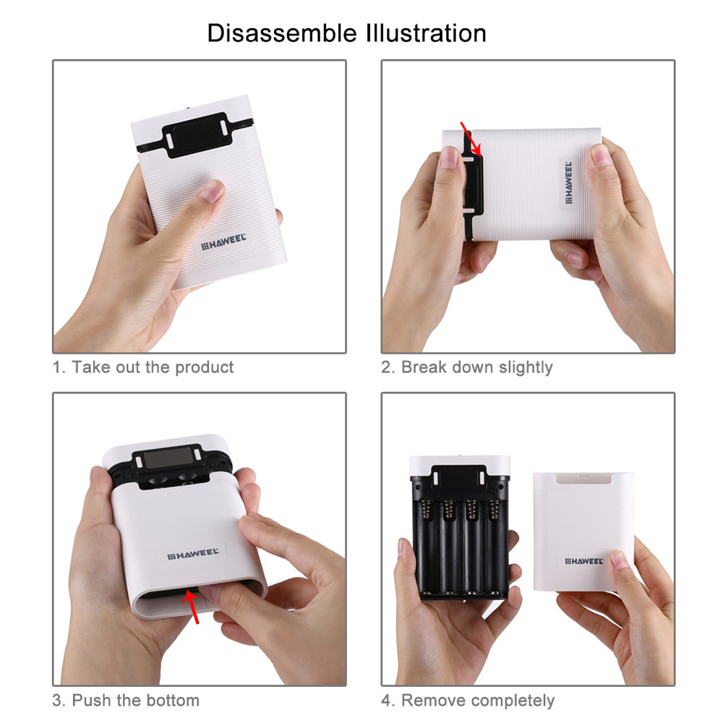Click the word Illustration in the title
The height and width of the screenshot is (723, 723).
tap(427, 33)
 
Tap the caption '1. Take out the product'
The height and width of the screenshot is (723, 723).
tap(143, 367)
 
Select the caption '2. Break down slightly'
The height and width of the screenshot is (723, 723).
tap(466, 367)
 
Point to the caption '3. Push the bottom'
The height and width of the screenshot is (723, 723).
tap(126, 700)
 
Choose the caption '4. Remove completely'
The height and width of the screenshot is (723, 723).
tap(468, 701)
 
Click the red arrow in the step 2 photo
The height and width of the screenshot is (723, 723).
tap(471, 140)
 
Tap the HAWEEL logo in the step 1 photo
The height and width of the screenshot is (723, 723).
tap(223, 241)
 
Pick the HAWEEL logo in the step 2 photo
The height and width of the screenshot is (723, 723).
tap(568, 182)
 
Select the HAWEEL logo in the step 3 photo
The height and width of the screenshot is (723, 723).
tap(193, 553)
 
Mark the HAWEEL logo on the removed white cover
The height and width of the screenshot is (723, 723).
tap(583, 561)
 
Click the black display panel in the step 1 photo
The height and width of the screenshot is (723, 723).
tap(195, 134)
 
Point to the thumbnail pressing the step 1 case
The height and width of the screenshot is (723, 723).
tap(212, 190)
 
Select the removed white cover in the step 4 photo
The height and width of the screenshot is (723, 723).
tap(583, 531)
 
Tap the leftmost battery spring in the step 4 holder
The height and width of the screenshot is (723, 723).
tap(425, 510)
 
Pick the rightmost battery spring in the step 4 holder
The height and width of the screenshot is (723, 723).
tap(494, 510)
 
